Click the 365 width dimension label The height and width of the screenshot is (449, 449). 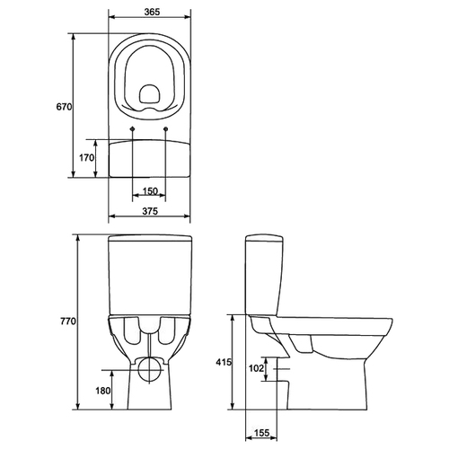(152, 12)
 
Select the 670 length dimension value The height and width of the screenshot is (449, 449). (65, 107)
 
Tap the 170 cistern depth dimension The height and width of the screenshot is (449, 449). (87, 157)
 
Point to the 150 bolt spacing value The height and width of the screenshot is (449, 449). (150, 191)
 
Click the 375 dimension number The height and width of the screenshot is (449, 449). (150, 211)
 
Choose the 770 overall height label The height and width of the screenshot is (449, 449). (68, 321)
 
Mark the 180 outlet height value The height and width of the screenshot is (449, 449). (103, 391)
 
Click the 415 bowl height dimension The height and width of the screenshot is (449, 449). (224, 362)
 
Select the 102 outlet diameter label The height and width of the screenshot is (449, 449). (256, 368)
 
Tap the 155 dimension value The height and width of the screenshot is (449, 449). (261, 433)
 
